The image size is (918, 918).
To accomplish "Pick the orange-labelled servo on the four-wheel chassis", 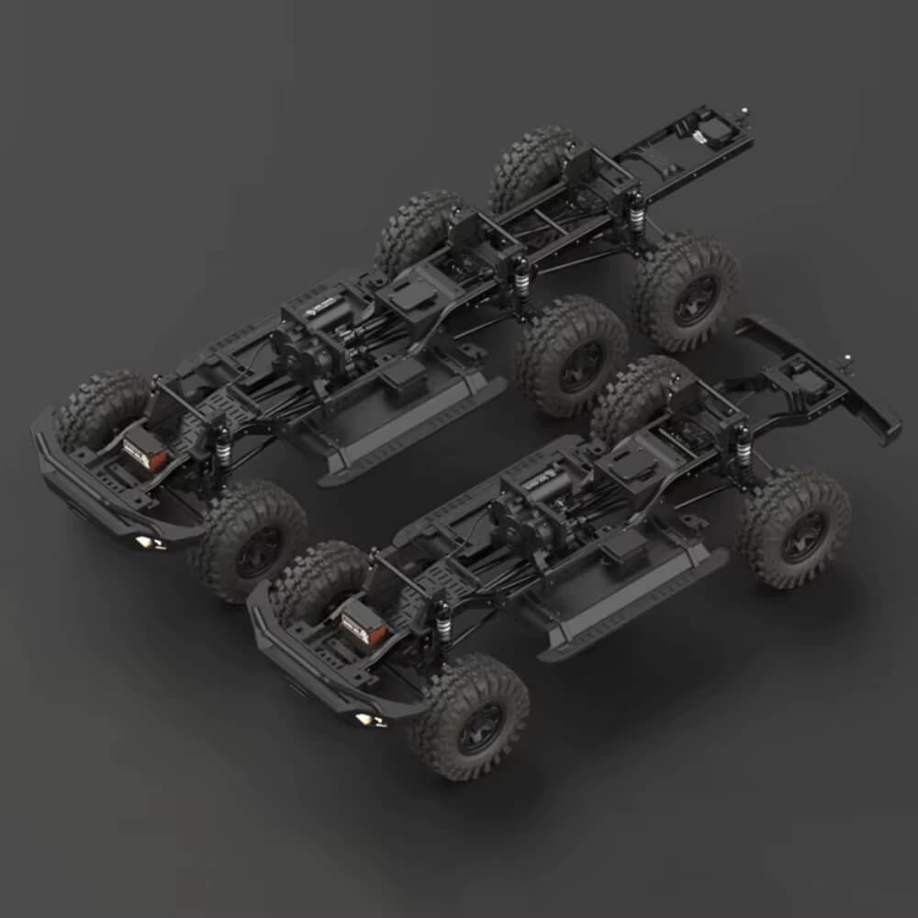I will (x=360, y=624).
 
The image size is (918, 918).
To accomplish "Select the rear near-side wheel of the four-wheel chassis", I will (x=795, y=527).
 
